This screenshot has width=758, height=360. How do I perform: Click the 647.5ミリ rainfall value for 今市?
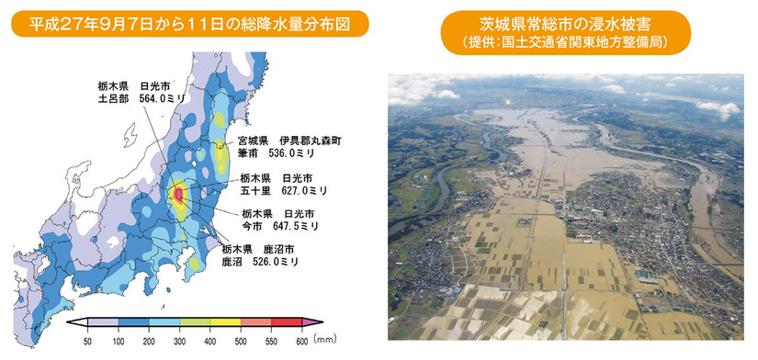(293, 225)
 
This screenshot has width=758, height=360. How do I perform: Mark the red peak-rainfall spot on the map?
(178, 195)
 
